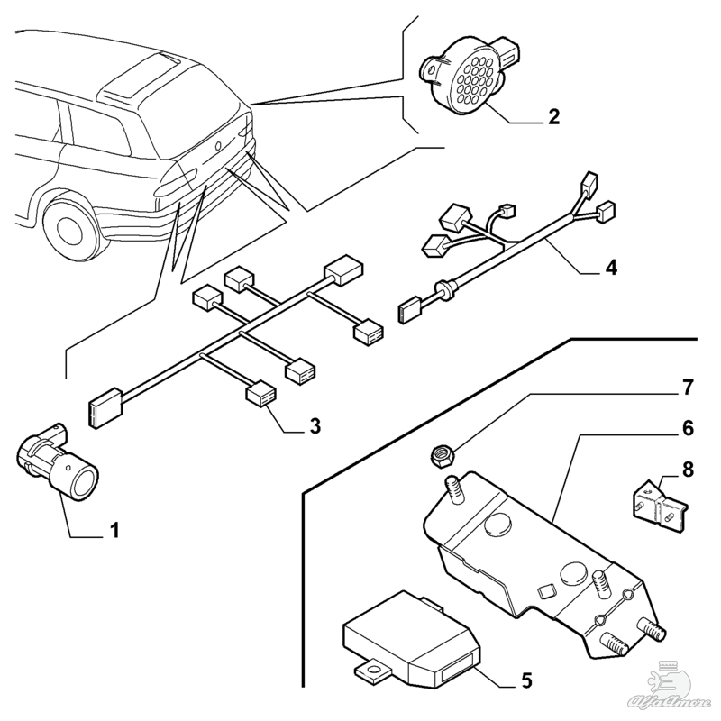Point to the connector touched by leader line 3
point(260,395)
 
